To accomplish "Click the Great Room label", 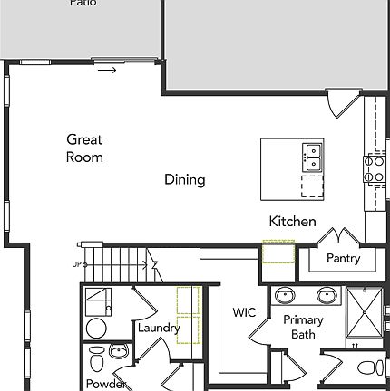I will (84, 148).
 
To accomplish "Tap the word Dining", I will (184, 179).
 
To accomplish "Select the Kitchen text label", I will (292, 221).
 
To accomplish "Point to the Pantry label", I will (343, 258).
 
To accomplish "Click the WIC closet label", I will (243, 313).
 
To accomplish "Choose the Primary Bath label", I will (302, 327).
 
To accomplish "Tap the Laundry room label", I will (159, 328).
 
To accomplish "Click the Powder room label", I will (105, 384).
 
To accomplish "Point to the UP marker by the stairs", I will (76, 264).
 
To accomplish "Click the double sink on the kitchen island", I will (312, 157).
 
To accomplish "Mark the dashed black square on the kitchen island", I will (312, 186).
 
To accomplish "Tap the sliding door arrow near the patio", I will (107, 70).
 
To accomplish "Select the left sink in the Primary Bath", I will (285, 295).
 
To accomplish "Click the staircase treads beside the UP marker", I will (114, 263).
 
